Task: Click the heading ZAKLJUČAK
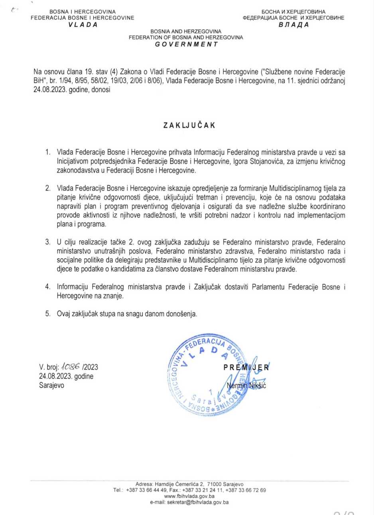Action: coord(189,125)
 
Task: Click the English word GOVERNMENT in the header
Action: coord(187,44)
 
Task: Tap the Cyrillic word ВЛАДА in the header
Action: coord(294,24)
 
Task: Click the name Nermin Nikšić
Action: coord(246,385)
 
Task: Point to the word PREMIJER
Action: coord(246,367)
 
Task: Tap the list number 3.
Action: coord(47,242)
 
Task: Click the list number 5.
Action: coord(47,314)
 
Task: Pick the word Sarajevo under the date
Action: coord(51,385)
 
